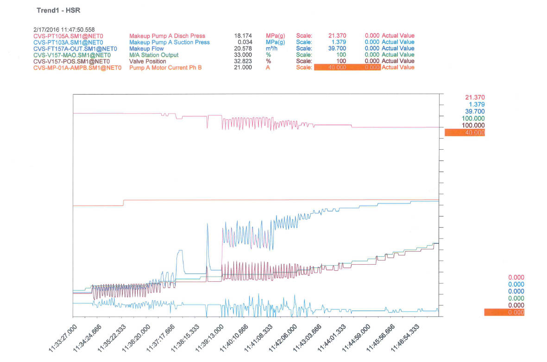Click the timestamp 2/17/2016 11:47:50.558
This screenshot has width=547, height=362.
point(63,29)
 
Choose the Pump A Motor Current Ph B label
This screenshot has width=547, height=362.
point(165,68)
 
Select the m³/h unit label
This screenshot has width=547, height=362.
point(272,48)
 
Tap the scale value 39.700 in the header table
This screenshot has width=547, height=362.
point(336,48)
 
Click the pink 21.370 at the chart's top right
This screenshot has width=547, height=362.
point(475,97)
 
